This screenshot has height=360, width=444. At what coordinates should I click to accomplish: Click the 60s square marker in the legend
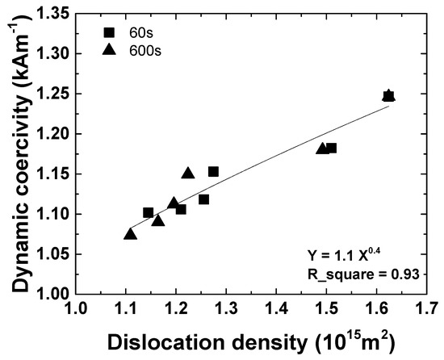pyautogui.click(x=108, y=33)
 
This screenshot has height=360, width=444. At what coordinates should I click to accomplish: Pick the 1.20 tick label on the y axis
pyautogui.click(x=56, y=134)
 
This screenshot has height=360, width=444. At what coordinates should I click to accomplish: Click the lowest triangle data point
pyautogui.click(x=130, y=234)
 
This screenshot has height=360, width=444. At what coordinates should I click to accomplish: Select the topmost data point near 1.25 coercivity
pyautogui.click(x=388, y=96)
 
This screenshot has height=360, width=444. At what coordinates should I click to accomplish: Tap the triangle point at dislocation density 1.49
pyautogui.click(x=322, y=149)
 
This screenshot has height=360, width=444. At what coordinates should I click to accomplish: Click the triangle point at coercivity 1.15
pyautogui.click(x=188, y=174)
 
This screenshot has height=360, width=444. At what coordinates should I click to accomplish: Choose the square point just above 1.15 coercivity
pyautogui.click(x=213, y=171)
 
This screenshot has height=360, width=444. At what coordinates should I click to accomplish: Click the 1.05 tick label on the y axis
pyautogui.click(x=56, y=254)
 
